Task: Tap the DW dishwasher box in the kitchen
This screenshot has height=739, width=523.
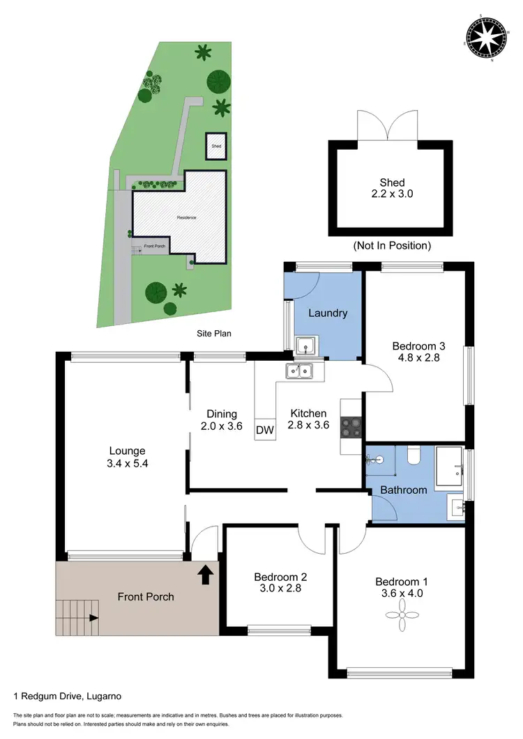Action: [x=265, y=430]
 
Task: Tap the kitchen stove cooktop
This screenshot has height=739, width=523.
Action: [x=349, y=426]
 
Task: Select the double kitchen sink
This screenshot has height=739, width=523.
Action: [x=301, y=371]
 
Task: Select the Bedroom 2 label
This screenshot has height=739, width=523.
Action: [x=280, y=577]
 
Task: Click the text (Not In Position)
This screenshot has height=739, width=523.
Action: [x=392, y=245]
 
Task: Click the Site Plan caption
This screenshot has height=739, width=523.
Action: [x=213, y=334]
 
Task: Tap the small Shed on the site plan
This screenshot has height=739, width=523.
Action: [x=216, y=146]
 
